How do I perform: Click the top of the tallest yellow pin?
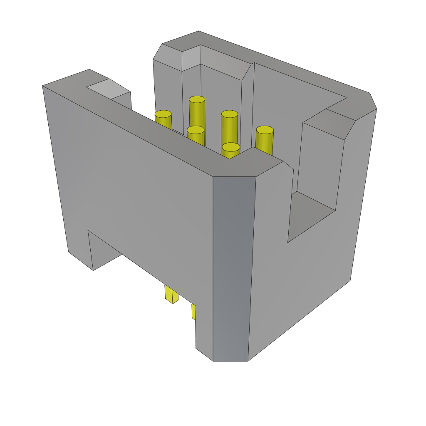[197, 100]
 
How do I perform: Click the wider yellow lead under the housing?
[171, 294]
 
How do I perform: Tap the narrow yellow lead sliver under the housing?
[193, 311]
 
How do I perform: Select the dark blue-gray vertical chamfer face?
[233, 266]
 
